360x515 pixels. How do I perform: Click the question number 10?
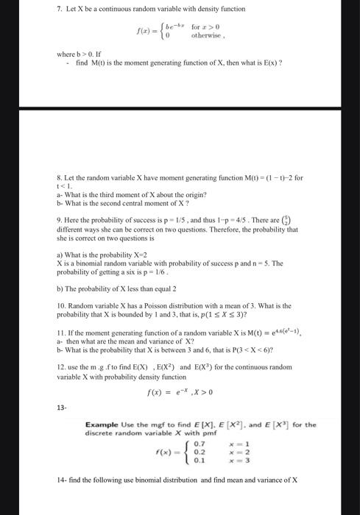pos(61,305)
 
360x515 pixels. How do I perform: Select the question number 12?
pos(61,366)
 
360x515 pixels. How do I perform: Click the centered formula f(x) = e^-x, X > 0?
pos(181,393)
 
